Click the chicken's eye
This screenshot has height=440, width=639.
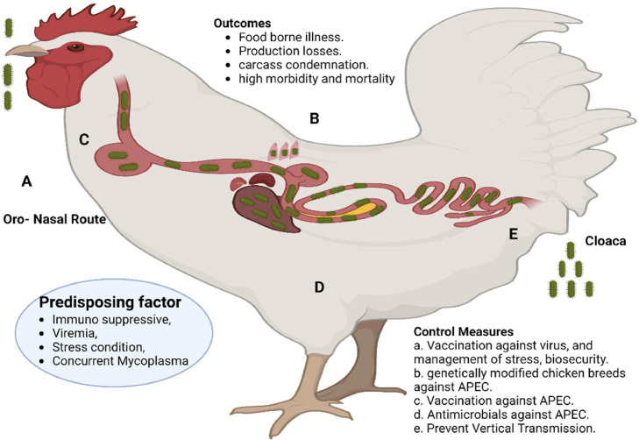point(75,47)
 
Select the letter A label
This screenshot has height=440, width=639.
point(26,181)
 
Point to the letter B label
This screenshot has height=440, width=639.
point(314,118)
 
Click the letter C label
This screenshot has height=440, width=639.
point(83,139)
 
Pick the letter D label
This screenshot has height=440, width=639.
point(319,287)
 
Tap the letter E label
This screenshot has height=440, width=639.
point(514,234)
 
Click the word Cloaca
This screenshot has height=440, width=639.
point(605,241)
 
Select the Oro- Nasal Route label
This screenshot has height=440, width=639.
point(54,219)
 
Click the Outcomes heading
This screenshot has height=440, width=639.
point(242,23)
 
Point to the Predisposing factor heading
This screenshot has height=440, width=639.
point(110,302)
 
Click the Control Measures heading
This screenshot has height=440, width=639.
point(464,331)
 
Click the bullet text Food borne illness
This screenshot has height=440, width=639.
point(291,37)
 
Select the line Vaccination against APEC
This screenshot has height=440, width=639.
point(493,401)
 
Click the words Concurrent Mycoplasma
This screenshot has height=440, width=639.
point(120,361)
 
